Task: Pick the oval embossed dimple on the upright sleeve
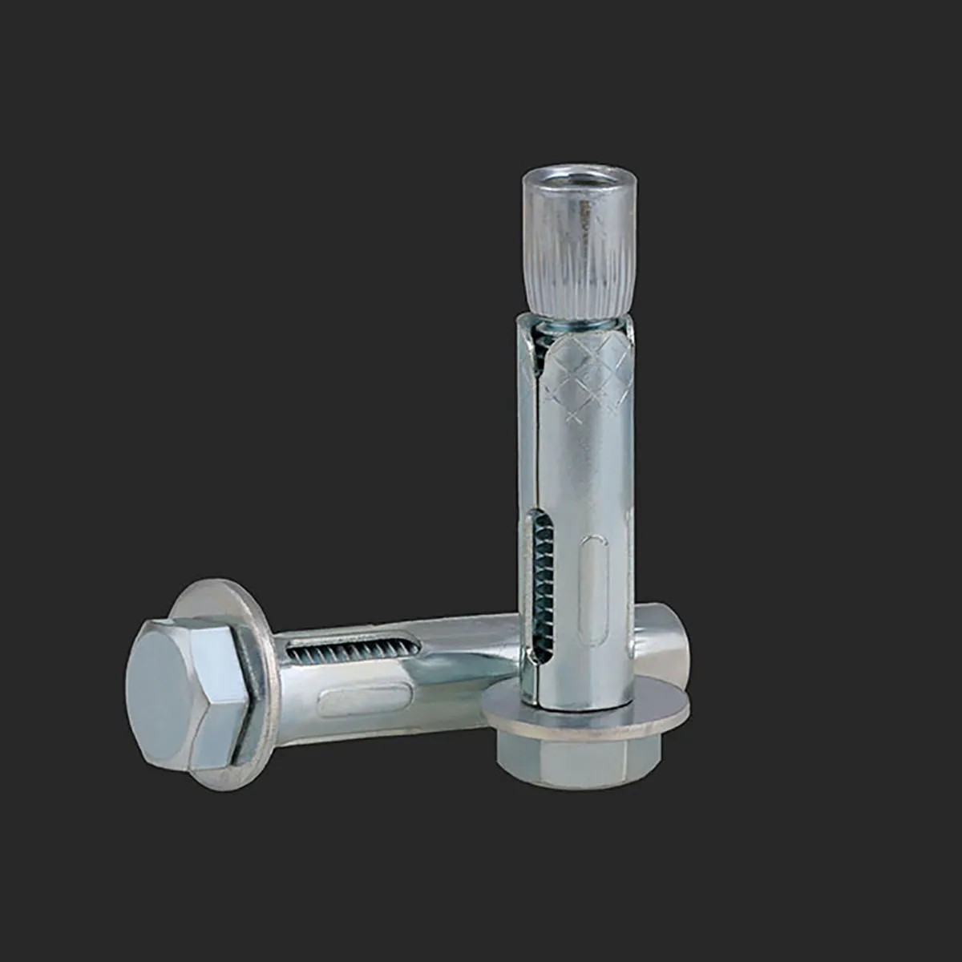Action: click(x=594, y=589)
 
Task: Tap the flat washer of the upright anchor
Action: click(x=585, y=709)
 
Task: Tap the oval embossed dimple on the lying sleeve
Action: click(x=361, y=701)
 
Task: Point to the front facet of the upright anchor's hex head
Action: click(x=577, y=766)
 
